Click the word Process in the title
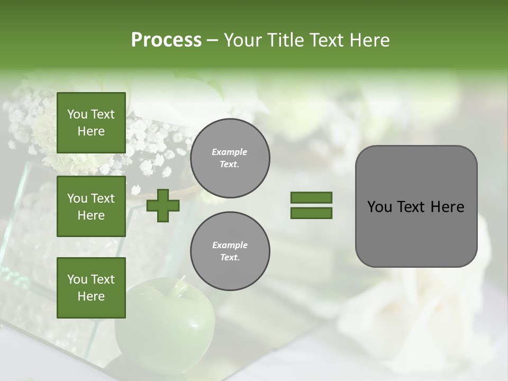point(166,40)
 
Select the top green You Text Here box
point(91,123)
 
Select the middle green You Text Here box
point(91,206)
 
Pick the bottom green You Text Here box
point(91,288)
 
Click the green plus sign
point(163,205)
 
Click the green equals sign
point(311,205)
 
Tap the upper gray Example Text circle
point(230,158)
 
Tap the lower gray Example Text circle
point(230,251)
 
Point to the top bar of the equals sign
point(311,197)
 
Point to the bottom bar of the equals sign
point(311,213)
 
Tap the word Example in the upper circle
point(230,152)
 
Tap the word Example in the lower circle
point(230,245)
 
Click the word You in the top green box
point(77,114)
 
